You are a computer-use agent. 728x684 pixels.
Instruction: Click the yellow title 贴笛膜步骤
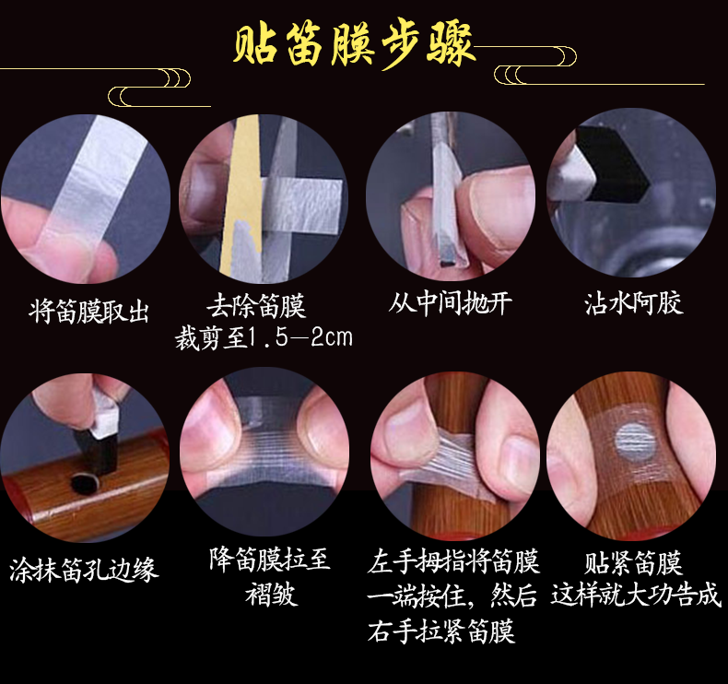point(354,44)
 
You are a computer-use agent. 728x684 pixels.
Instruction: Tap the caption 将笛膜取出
point(88,310)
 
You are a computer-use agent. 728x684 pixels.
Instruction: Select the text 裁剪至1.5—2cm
point(264,337)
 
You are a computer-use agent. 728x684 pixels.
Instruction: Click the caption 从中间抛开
point(450,303)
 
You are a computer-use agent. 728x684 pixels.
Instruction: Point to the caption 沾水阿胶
point(634,303)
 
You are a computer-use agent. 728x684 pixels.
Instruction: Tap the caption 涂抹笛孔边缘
point(84,570)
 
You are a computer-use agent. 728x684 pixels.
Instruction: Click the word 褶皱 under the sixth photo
point(271,594)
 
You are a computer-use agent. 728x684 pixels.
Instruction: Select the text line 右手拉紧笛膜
point(441,631)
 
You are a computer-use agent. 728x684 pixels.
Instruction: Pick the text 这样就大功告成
point(636,595)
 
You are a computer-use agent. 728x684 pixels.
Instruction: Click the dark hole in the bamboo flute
point(85,483)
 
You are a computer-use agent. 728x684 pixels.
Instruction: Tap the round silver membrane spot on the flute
point(636,442)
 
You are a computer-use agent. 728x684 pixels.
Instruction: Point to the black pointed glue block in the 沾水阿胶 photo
point(613,166)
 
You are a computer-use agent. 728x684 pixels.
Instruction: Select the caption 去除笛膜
point(256,305)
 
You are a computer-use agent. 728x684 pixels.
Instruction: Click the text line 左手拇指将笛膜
point(453,561)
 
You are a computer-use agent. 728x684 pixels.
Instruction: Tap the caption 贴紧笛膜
point(633,563)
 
